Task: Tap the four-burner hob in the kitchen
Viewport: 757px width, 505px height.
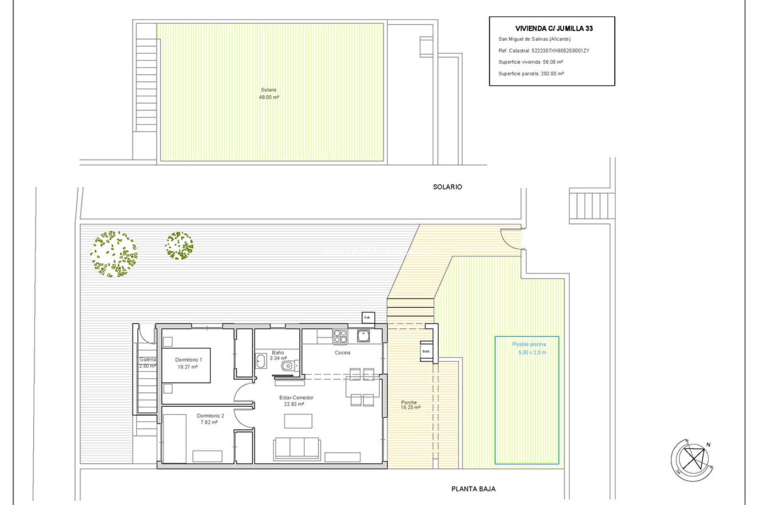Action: (x=340, y=337)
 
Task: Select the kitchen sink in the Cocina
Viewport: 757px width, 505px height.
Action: (x=363, y=336)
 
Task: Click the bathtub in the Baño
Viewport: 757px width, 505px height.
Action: (x=261, y=361)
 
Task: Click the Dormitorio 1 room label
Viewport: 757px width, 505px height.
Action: (x=188, y=360)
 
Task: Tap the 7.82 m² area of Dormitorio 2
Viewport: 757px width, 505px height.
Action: (x=209, y=423)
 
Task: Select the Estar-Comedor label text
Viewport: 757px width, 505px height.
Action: (x=296, y=398)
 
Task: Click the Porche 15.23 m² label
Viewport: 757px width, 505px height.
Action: (x=410, y=405)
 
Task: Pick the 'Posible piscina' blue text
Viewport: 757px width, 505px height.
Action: (x=529, y=344)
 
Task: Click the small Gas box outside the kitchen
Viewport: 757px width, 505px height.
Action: (x=368, y=318)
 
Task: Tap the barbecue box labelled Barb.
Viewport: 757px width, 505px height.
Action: (x=426, y=351)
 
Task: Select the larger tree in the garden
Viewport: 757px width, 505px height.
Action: (x=114, y=254)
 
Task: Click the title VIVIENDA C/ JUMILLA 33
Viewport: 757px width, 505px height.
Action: (x=554, y=28)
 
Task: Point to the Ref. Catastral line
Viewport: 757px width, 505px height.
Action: (x=543, y=50)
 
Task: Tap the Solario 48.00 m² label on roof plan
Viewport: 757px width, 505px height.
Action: (x=269, y=94)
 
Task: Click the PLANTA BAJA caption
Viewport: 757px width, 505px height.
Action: (x=473, y=489)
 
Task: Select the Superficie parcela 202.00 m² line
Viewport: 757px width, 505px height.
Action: (x=531, y=74)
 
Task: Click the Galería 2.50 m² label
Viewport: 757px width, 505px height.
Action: (x=147, y=363)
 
